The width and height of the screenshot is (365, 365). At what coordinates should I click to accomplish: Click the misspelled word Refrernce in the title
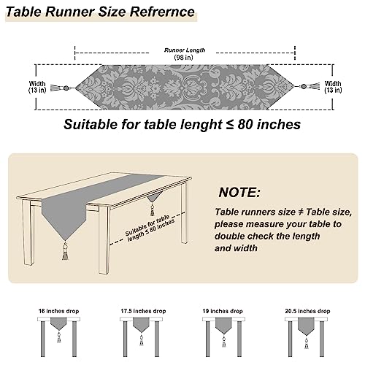[162, 12]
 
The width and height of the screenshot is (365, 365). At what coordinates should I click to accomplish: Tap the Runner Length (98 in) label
[184, 54]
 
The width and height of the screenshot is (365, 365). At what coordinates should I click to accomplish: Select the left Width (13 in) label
[37, 87]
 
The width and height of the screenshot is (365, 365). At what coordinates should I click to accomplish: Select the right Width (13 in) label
[333, 87]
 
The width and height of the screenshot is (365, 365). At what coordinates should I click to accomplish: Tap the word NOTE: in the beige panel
[239, 192]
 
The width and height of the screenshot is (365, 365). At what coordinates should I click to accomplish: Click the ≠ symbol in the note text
[301, 212]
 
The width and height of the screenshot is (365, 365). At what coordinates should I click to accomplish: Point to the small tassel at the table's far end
[153, 210]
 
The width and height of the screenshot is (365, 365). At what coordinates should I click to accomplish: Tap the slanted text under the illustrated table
[150, 228]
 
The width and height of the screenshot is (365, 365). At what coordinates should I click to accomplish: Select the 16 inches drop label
[58, 311]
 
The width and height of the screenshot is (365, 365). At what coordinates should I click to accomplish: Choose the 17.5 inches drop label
[143, 311]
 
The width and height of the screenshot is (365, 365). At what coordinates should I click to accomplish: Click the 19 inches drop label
[223, 311]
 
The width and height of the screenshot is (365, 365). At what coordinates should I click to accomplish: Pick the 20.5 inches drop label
[307, 311]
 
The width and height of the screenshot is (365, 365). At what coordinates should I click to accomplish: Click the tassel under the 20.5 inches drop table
[307, 343]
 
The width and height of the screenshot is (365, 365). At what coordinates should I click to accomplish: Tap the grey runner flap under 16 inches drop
[58, 323]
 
